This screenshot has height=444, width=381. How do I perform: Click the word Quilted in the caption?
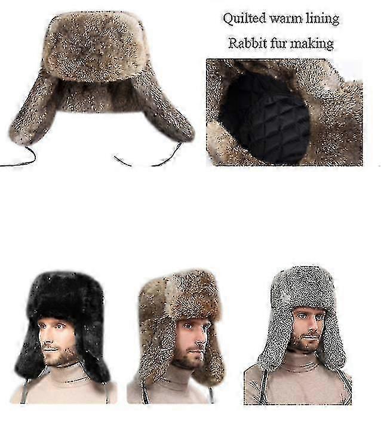coord(244,19)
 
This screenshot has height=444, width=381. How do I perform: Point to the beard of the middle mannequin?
coord(188,358)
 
